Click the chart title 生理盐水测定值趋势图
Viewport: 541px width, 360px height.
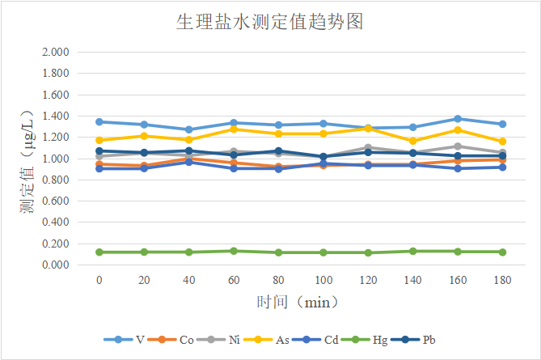tap(270, 22)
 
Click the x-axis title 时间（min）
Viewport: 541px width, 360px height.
tap(298, 302)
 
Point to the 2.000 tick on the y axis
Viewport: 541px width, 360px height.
tap(55, 53)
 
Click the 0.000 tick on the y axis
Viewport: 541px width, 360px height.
tap(55, 265)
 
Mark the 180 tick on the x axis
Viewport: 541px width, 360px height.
tap(502, 279)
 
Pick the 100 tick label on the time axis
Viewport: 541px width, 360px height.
tap(323, 279)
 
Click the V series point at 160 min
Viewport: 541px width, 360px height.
tap(458, 119)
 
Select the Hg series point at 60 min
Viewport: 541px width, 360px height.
tap(234, 251)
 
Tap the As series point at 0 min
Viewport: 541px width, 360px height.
tap(99, 141)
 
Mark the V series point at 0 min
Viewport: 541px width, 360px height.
tap(99, 122)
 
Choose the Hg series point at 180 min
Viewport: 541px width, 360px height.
tap(502, 252)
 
